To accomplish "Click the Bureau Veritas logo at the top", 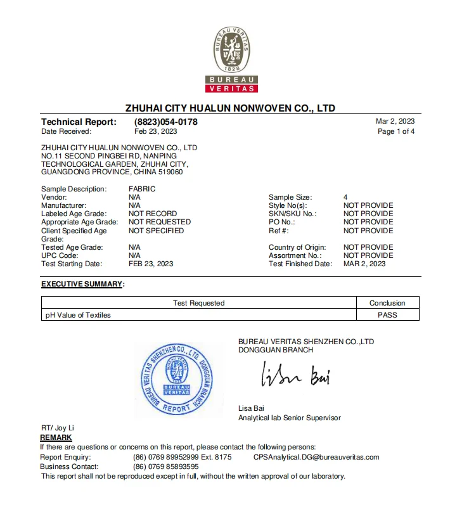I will tap(231, 60).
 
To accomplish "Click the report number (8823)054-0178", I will tap(165, 122).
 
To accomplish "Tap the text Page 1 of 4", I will tap(396, 132).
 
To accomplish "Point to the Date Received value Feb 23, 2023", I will tap(156, 132).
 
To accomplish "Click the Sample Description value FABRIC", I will tap(142, 189).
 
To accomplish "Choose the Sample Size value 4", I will tap(345, 197).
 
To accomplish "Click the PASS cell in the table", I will tap(387, 315).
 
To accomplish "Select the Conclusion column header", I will tap(387, 303).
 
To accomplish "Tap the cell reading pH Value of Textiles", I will tap(78, 315).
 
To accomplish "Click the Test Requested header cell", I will tap(198, 303).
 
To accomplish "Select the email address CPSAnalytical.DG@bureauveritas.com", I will tap(316, 457).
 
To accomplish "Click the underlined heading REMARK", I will tap(56, 437).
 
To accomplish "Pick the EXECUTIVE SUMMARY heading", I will tap(82, 284).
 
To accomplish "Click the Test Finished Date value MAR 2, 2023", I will tap(364, 264).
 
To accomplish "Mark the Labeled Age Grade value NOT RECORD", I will tap(153, 214).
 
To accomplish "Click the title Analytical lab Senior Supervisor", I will tap(289, 418).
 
